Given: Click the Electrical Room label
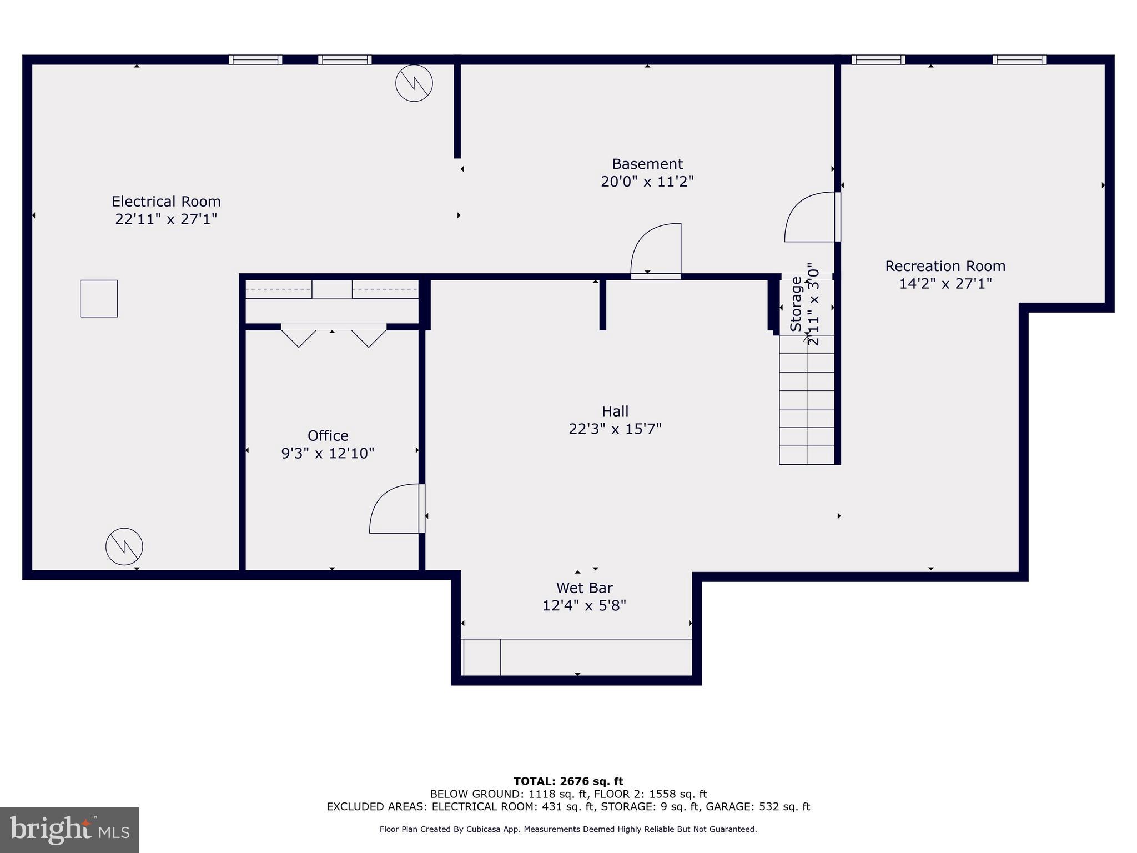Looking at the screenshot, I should click(x=166, y=201).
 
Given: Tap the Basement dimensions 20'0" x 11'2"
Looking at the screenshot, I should click(x=647, y=182).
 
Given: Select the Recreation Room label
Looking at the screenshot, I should click(x=945, y=266).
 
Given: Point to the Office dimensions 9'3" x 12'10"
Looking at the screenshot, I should click(x=328, y=453).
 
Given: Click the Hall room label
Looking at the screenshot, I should click(x=615, y=412).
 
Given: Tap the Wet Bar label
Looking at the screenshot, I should click(x=584, y=588).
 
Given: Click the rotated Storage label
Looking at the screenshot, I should click(x=797, y=304).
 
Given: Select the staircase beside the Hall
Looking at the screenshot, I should click(x=807, y=400).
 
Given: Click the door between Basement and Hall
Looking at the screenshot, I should click(x=656, y=250).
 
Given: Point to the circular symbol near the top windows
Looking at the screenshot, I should click(x=414, y=83).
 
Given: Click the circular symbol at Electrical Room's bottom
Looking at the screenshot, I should click(x=124, y=546).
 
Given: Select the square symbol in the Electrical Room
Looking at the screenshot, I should click(x=99, y=299).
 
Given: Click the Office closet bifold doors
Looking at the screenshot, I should click(x=333, y=336).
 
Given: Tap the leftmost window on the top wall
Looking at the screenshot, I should click(x=255, y=59).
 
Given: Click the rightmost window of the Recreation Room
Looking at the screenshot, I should click(x=1019, y=59).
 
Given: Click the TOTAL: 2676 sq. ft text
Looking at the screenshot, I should click(x=568, y=781).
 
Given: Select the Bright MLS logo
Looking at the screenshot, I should click(x=69, y=830).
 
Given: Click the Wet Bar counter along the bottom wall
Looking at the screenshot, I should click(x=577, y=657).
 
